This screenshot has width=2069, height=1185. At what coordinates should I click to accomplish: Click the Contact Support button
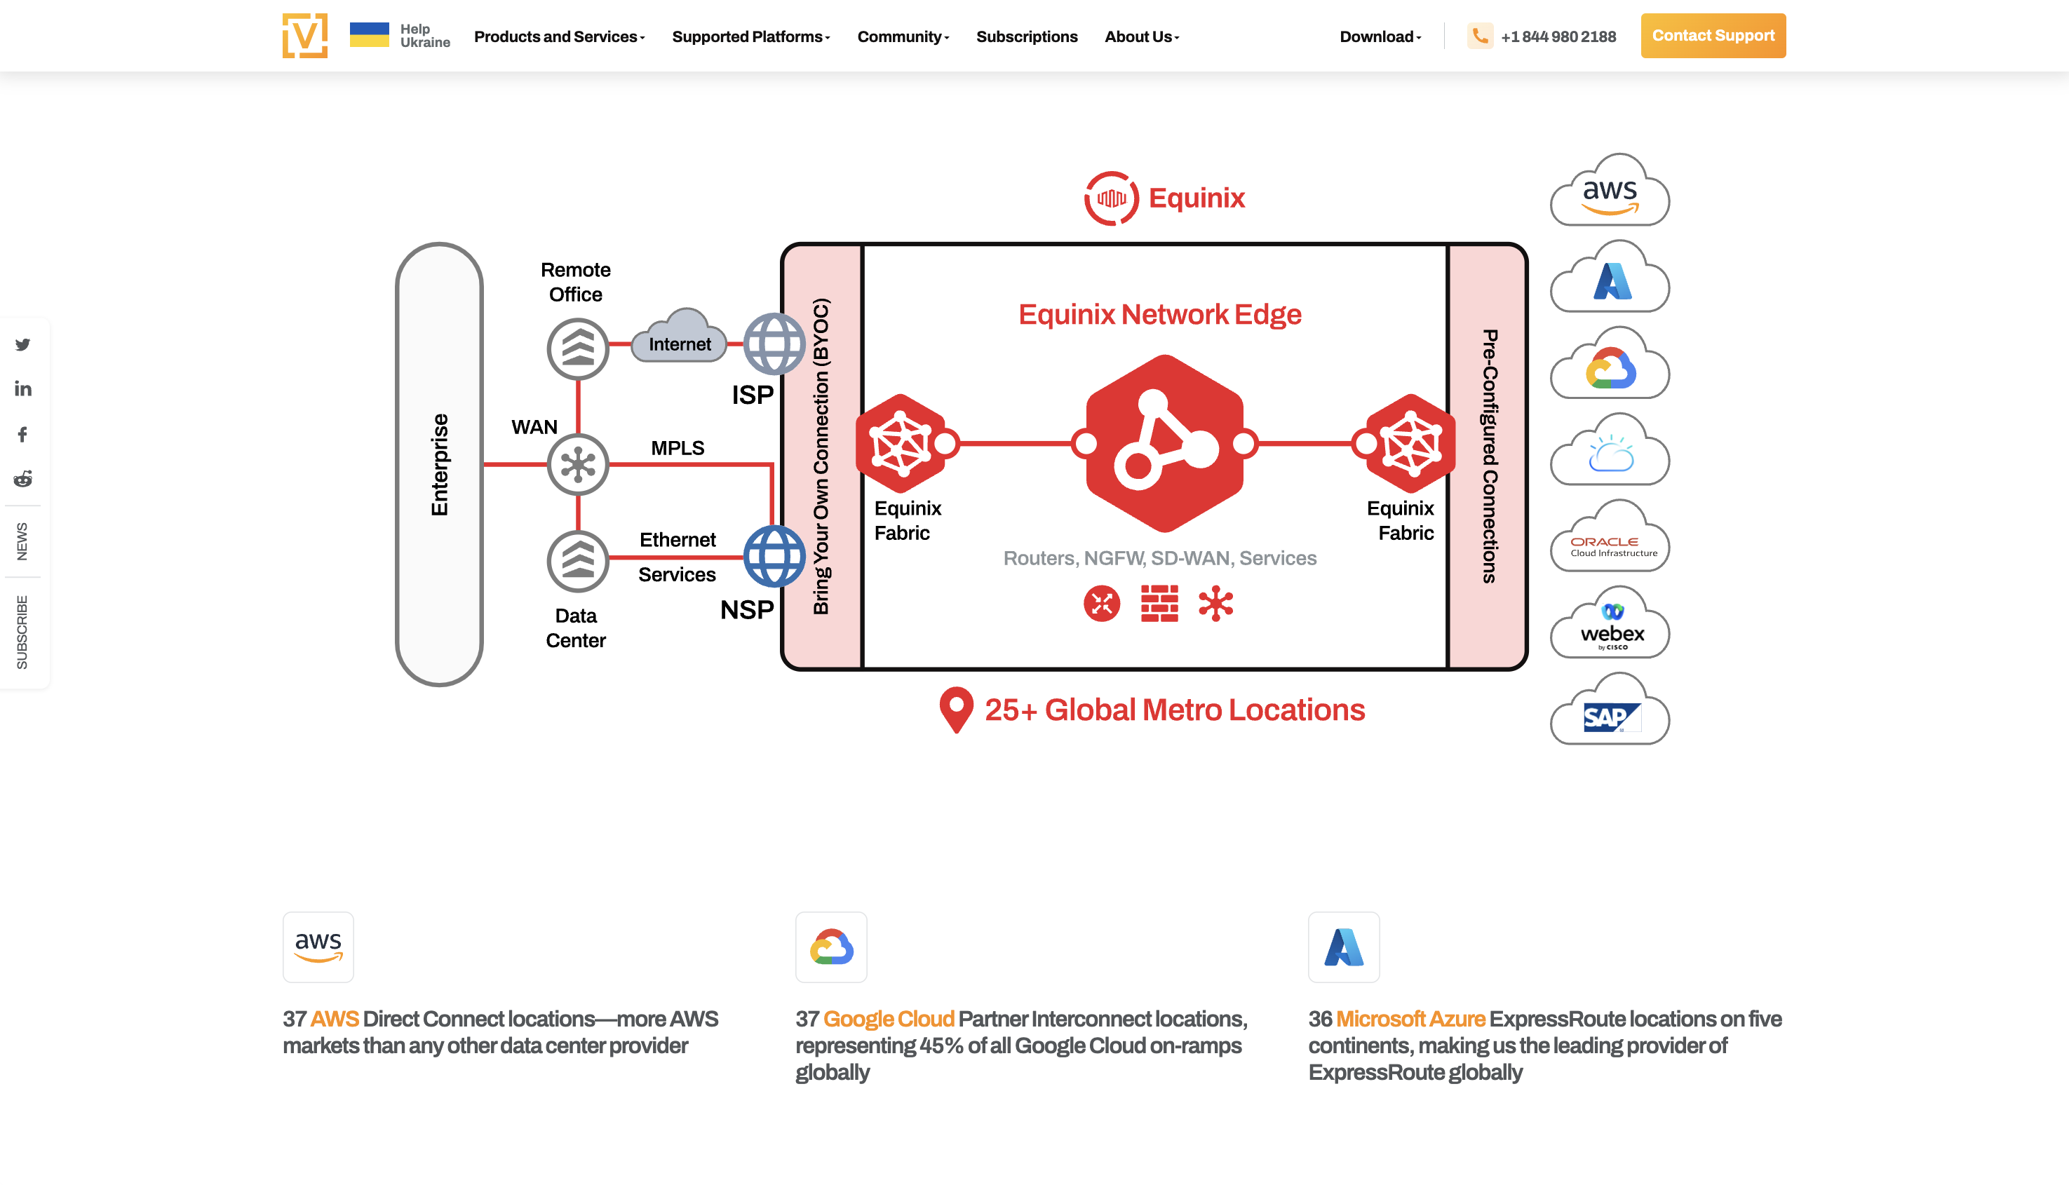click(1713, 36)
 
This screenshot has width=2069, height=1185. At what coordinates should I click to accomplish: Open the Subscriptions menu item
click(1026, 36)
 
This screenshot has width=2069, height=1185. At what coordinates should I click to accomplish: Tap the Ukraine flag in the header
click(369, 35)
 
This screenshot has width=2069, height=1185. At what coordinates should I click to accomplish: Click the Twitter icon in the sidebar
click(22, 345)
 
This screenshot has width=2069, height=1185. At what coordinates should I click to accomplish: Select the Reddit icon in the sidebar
click(22, 478)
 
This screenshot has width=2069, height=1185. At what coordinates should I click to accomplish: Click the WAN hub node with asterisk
click(578, 465)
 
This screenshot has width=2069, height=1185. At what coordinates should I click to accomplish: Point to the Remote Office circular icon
click(578, 349)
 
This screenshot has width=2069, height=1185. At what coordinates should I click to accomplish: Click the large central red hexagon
click(1164, 444)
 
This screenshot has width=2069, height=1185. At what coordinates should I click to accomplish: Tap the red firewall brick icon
click(1159, 603)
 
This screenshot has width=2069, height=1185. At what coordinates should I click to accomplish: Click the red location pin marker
click(955, 707)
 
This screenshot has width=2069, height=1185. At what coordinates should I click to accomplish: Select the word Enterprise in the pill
click(440, 464)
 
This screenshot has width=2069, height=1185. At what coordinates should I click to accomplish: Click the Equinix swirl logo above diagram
click(1111, 198)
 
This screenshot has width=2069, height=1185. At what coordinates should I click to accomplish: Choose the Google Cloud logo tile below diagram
click(831, 947)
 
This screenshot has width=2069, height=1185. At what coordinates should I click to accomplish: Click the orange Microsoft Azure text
click(1410, 1019)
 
